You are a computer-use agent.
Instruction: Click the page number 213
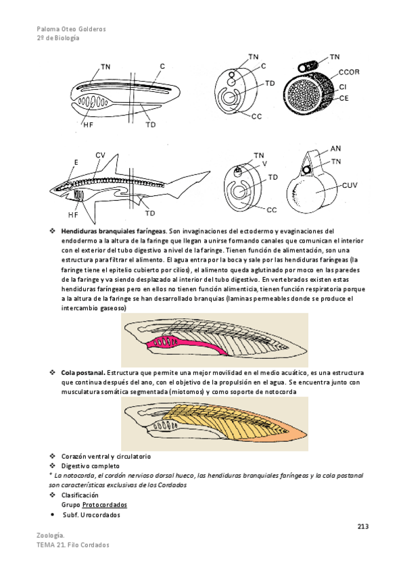point(363,526)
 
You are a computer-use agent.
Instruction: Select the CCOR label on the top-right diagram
point(349,72)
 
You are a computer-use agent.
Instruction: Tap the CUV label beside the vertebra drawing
point(350,185)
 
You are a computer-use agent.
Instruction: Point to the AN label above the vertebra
point(335,149)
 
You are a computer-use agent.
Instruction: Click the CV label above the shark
point(100,155)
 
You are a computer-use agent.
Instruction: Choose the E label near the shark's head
point(76,162)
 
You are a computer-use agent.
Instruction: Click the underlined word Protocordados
point(105,505)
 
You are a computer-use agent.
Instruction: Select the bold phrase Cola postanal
point(83,373)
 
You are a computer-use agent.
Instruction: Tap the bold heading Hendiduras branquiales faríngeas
point(114,231)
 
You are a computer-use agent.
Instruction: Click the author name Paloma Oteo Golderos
point(71,29)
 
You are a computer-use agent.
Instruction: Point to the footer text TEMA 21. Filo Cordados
point(73,545)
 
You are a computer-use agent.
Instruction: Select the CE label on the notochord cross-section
point(344,98)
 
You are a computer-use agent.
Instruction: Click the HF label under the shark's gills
point(73,214)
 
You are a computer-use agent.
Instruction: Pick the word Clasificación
point(80,495)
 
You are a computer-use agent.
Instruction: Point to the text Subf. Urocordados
point(91,515)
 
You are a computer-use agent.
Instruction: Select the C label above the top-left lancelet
point(162,66)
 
